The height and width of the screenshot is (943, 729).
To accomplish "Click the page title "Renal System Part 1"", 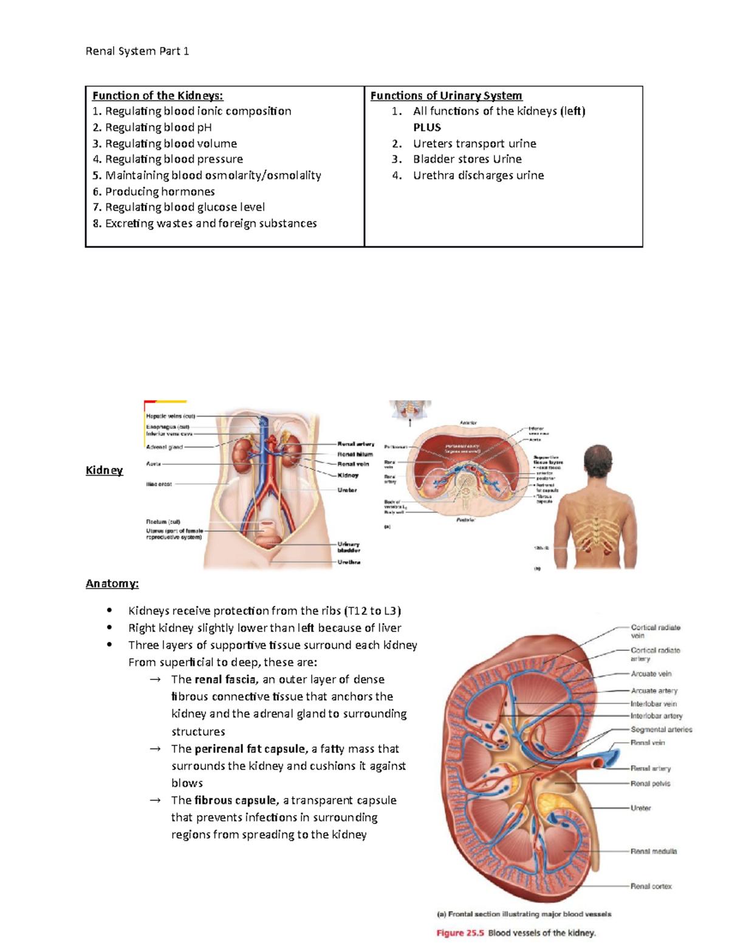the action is pyautogui.click(x=137, y=51).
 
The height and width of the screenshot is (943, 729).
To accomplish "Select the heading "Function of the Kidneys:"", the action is pyautogui.click(x=157, y=95).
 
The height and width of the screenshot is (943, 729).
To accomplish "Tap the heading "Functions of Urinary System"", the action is pyautogui.click(x=446, y=95).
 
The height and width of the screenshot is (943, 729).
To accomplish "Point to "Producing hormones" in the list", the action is pyautogui.click(x=159, y=191).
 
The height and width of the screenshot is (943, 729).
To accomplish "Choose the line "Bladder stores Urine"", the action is pyautogui.click(x=467, y=159).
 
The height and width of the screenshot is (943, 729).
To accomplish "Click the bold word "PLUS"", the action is pyautogui.click(x=427, y=128).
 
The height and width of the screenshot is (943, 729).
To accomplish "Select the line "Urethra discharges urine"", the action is pyautogui.click(x=478, y=175).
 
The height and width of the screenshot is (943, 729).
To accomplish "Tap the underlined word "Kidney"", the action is pyautogui.click(x=104, y=470).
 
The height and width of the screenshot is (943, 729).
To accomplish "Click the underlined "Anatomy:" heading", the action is pyautogui.click(x=112, y=584).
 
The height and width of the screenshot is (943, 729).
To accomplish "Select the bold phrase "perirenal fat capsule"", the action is pyautogui.click(x=250, y=749).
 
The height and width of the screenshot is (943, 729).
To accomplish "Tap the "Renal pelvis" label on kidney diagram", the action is pyautogui.click(x=650, y=784).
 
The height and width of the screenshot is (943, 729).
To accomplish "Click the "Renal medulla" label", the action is pyautogui.click(x=653, y=851).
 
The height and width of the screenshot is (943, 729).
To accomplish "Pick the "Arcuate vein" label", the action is pyautogui.click(x=651, y=673).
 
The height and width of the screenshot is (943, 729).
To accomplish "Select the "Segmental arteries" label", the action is pyautogui.click(x=661, y=729).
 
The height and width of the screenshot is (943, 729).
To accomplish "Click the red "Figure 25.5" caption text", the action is pyautogui.click(x=460, y=933).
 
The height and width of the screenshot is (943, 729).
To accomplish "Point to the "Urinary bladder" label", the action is pyautogui.click(x=349, y=547).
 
